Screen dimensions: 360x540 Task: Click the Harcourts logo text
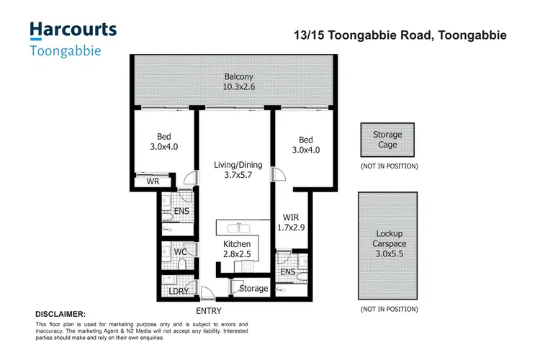[x=72, y=30]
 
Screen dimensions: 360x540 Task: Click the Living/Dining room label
[x=238, y=165]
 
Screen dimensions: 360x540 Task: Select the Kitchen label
[x=237, y=245]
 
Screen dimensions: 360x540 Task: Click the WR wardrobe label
[x=153, y=181]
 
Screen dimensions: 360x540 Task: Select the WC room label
[x=181, y=252]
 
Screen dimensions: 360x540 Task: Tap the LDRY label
[x=179, y=291]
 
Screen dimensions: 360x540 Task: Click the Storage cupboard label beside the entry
[x=253, y=289]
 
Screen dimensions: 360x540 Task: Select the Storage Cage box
[x=387, y=140]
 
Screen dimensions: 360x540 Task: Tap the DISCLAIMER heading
[x=60, y=315]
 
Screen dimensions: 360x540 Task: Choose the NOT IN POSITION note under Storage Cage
[x=389, y=166]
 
